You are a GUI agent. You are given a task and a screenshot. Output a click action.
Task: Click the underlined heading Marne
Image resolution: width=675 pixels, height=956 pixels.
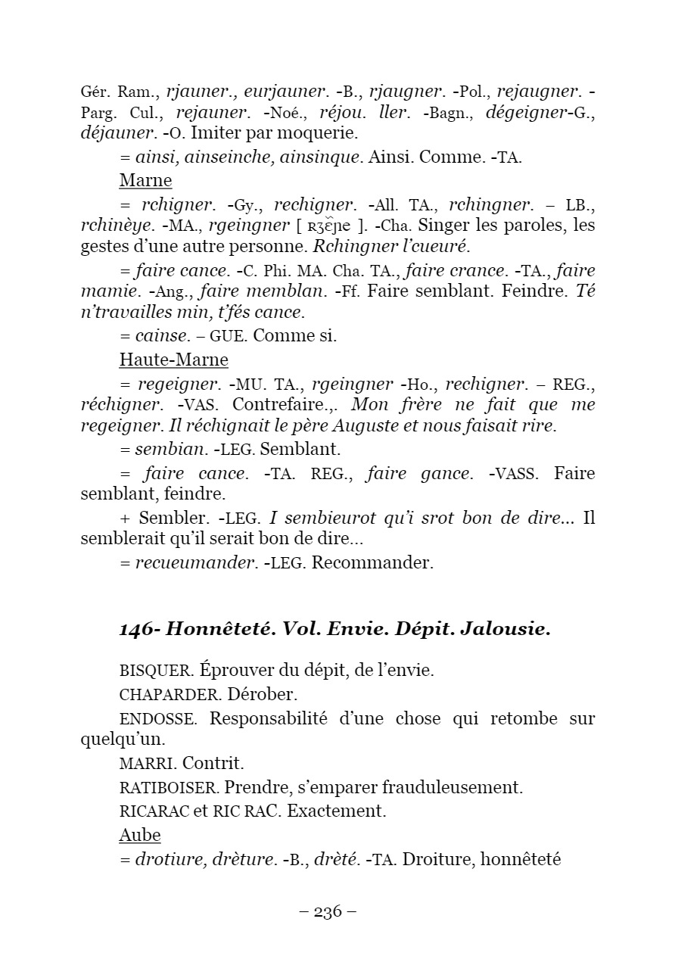[x=145, y=181]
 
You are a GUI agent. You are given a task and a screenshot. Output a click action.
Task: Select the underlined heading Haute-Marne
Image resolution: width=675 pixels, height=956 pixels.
[x=173, y=359]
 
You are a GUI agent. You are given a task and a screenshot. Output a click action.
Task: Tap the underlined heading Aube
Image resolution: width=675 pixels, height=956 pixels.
[x=140, y=835]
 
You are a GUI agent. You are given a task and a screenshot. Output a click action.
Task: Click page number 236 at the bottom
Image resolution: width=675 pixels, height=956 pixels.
[x=328, y=911]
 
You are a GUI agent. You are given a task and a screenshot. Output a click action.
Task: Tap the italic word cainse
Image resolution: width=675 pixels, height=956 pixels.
[x=161, y=336]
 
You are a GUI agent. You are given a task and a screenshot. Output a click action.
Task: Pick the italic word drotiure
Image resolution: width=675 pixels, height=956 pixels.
[x=166, y=859]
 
